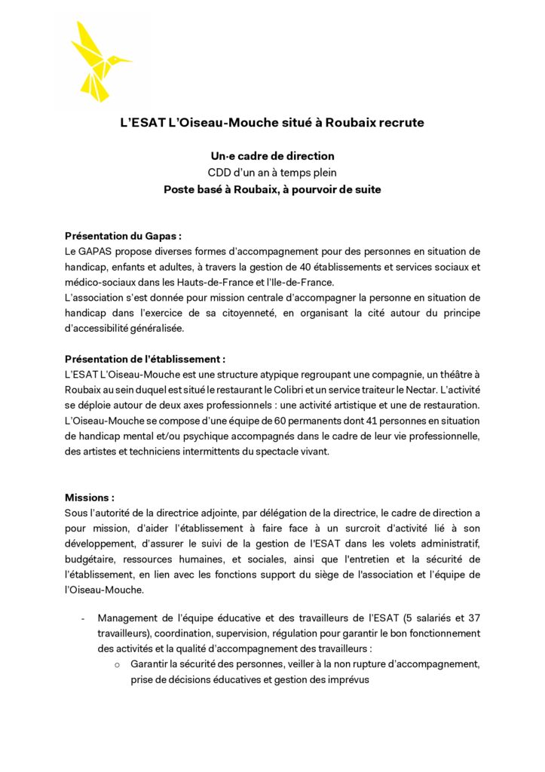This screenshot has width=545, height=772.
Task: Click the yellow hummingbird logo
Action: click(100, 62)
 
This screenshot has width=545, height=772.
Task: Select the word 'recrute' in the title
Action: click(400, 122)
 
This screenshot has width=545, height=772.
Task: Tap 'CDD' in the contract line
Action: click(221, 173)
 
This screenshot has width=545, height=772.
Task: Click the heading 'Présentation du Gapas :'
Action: click(124, 236)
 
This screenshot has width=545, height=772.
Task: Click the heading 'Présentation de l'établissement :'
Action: click(145, 360)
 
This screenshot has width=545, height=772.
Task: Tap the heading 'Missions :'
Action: click(90, 498)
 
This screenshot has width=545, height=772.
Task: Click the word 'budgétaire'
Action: click(91, 560)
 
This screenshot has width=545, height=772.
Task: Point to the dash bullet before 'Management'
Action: click(83, 617)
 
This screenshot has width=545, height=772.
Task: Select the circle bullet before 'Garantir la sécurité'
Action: click(117, 664)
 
